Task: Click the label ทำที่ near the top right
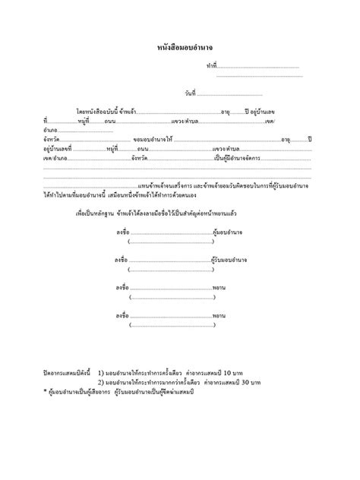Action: [x=212, y=67]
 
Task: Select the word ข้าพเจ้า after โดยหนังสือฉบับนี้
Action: [x=130, y=112]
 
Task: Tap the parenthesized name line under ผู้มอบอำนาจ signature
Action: [x=168, y=243]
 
